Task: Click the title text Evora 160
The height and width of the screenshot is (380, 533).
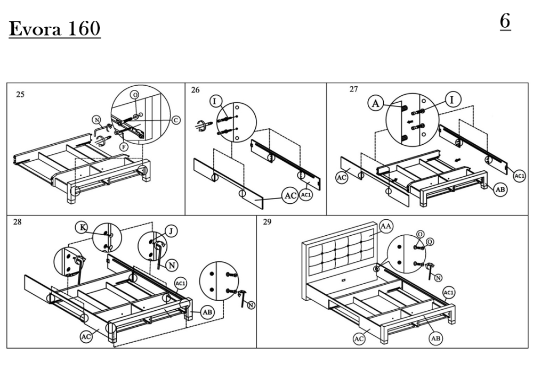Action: (55, 29)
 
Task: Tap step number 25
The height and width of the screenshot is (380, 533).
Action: (20, 95)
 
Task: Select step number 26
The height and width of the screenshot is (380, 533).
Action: (196, 90)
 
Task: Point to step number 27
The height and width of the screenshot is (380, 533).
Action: (354, 89)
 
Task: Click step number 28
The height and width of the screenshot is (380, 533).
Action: (18, 222)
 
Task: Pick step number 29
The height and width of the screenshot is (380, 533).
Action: (267, 222)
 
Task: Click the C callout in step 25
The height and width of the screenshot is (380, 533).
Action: (176, 120)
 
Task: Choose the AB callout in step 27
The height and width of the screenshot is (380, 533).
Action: (500, 189)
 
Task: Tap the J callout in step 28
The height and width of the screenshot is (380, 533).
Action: (172, 231)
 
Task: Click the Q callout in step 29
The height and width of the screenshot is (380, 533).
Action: (430, 242)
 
